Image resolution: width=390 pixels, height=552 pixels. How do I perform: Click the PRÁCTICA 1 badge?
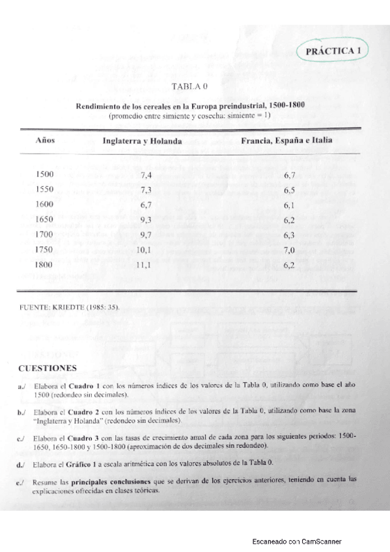pos(332,50)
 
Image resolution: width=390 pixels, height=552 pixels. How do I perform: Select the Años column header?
pos(44,141)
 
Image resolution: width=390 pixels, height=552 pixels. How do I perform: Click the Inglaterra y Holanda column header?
pos(142,141)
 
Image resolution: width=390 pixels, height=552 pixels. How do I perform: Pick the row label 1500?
pos(45,174)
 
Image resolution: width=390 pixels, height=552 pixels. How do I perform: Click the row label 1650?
pos(45,219)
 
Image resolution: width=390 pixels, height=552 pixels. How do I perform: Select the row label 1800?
pos(45,265)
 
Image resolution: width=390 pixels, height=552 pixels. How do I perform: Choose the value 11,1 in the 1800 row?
pos(144,266)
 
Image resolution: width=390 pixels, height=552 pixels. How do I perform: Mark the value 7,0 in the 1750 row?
pos(290,250)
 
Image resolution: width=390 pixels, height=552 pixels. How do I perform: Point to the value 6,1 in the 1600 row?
pos(290,205)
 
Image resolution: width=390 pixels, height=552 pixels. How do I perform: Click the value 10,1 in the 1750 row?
pos(144,250)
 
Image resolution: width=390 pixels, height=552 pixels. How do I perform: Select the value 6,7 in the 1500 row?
pos(290,175)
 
